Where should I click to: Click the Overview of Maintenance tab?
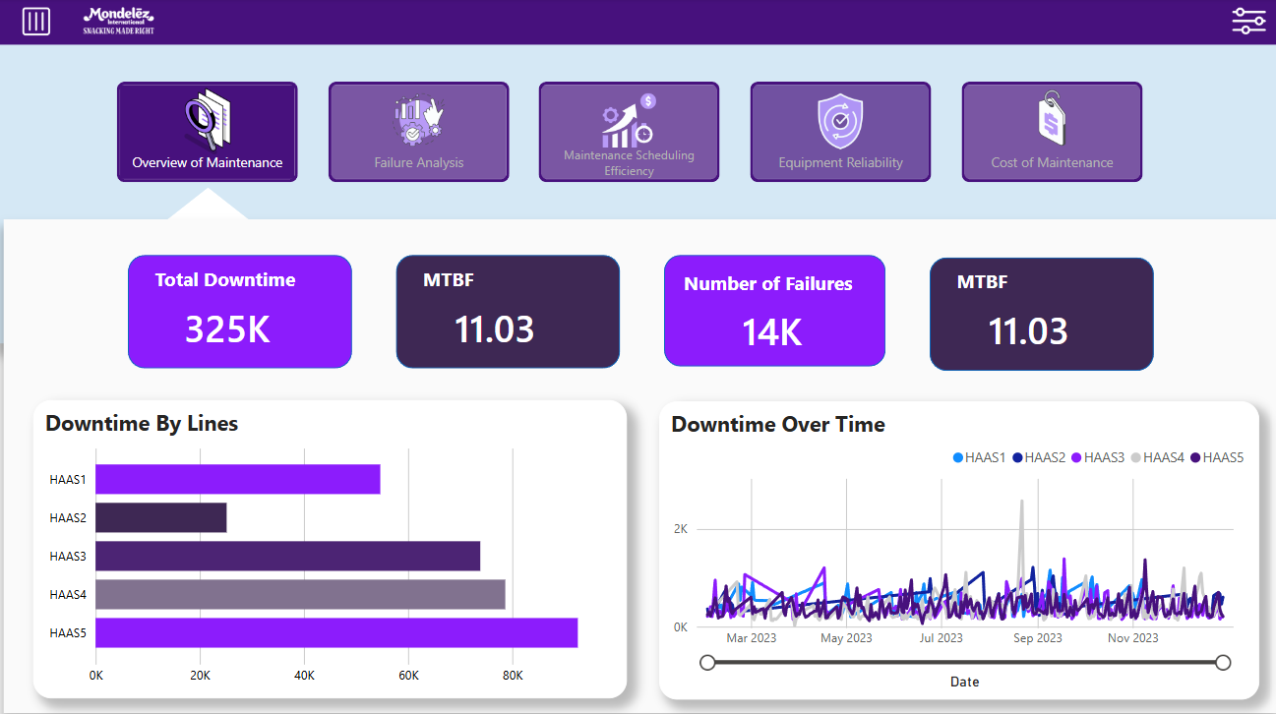tap(207, 132)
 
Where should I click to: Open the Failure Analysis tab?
tap(418, 132)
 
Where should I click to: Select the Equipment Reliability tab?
tap(840, 132)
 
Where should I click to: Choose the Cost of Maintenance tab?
tap(1052, 132)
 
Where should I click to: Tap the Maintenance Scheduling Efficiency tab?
tap(629, 132)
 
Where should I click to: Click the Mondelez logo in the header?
tap(118, 21)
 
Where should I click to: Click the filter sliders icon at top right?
tap(1248, 21)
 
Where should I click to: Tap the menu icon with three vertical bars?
tap(36, 22)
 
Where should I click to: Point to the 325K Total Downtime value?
tap(227, 329)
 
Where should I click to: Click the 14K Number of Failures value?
tap(772, 332)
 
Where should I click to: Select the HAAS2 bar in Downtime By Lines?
tap(160, 518)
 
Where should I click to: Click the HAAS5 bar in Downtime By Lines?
tap(335, 632)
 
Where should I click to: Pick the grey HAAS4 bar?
tap(300, 594)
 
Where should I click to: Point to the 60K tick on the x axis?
tap(408, 676)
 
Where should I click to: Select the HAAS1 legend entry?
tap(980, 457)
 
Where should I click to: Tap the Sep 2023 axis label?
tap(1037, 638)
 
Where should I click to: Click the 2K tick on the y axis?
tap(681, 529)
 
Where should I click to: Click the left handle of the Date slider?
tap(707, 663)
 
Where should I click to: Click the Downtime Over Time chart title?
tap(778, 425)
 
